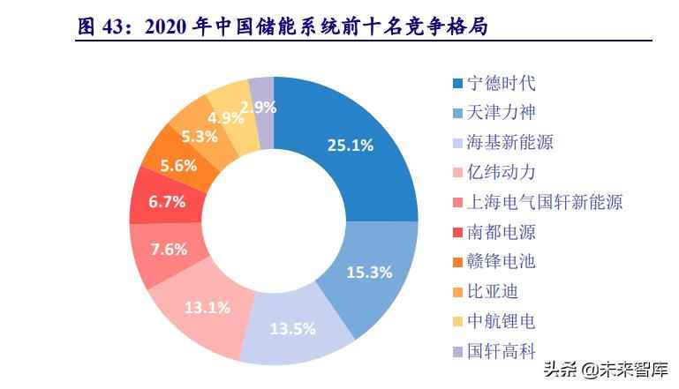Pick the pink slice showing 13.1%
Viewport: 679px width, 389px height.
(x=209, y=307)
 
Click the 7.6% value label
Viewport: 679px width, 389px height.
(x=168, y=249)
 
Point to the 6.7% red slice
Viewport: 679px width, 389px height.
(x=166, y=201)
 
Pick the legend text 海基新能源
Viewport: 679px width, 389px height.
(x=511, y=143)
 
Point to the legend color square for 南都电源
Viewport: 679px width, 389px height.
(x=457, y=233)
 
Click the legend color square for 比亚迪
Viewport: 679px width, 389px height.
(x=457, y=292)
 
